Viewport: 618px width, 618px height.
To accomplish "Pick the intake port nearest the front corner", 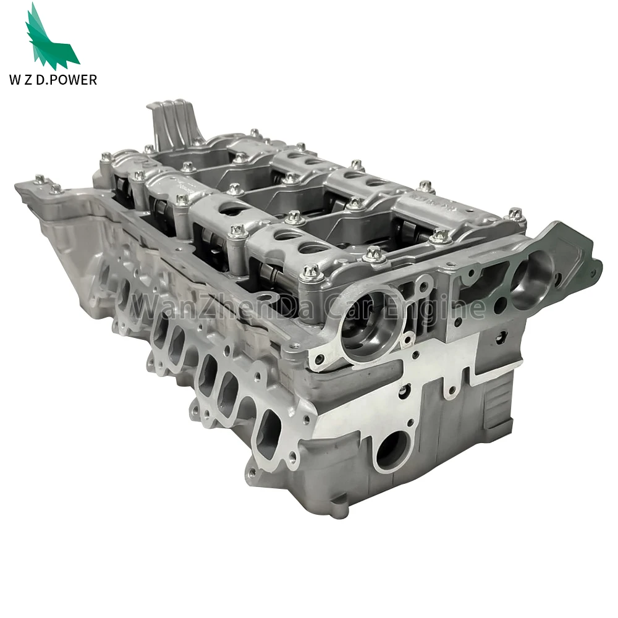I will pos(269,426).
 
